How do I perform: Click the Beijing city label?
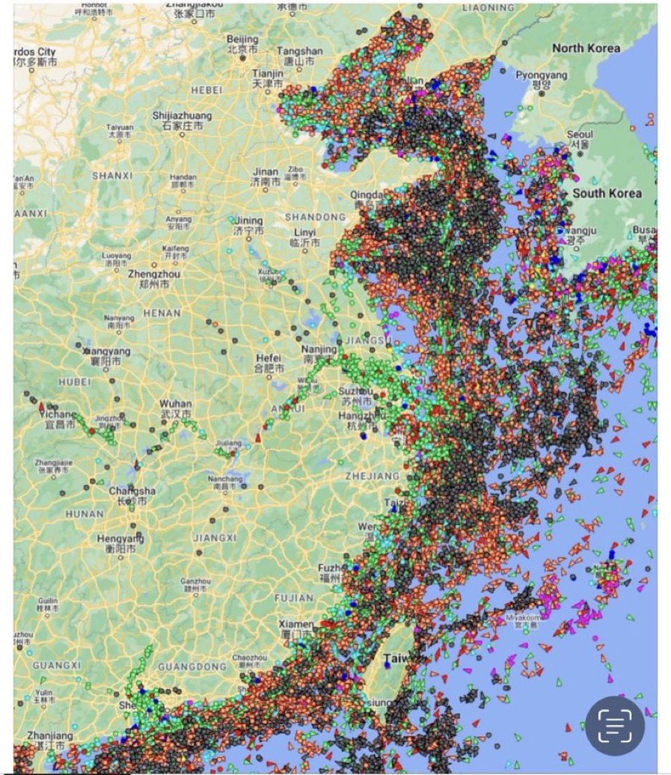click(242, 40)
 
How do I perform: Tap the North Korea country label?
click(586, 48)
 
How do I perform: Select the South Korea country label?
click(607, 193)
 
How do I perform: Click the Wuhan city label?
click(175, 404)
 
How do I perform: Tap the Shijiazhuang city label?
click(182, 116)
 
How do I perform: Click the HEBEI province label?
click(207, 90)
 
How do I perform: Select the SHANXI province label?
click(112, 176)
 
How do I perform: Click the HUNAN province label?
click(84, 515)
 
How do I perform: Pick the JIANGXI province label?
click(214, 537)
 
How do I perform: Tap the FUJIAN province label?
click(293, 598)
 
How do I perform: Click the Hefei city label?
click(269, 358)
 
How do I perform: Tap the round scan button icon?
click(614, 724)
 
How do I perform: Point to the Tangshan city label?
click(299, 52)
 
